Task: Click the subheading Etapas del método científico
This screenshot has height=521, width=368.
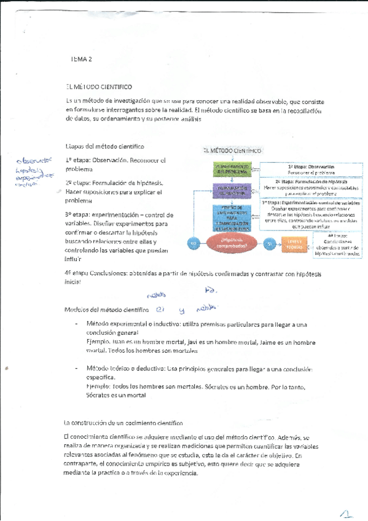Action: [x=104, y=146]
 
